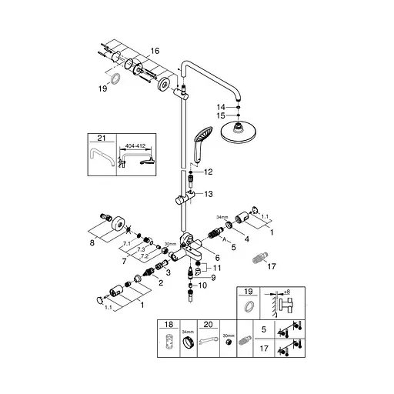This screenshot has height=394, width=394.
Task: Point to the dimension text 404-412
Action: pyautogui.click(x=136, y=144)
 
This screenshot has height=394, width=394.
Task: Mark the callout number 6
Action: pyautogui.click(x=218, y=258)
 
